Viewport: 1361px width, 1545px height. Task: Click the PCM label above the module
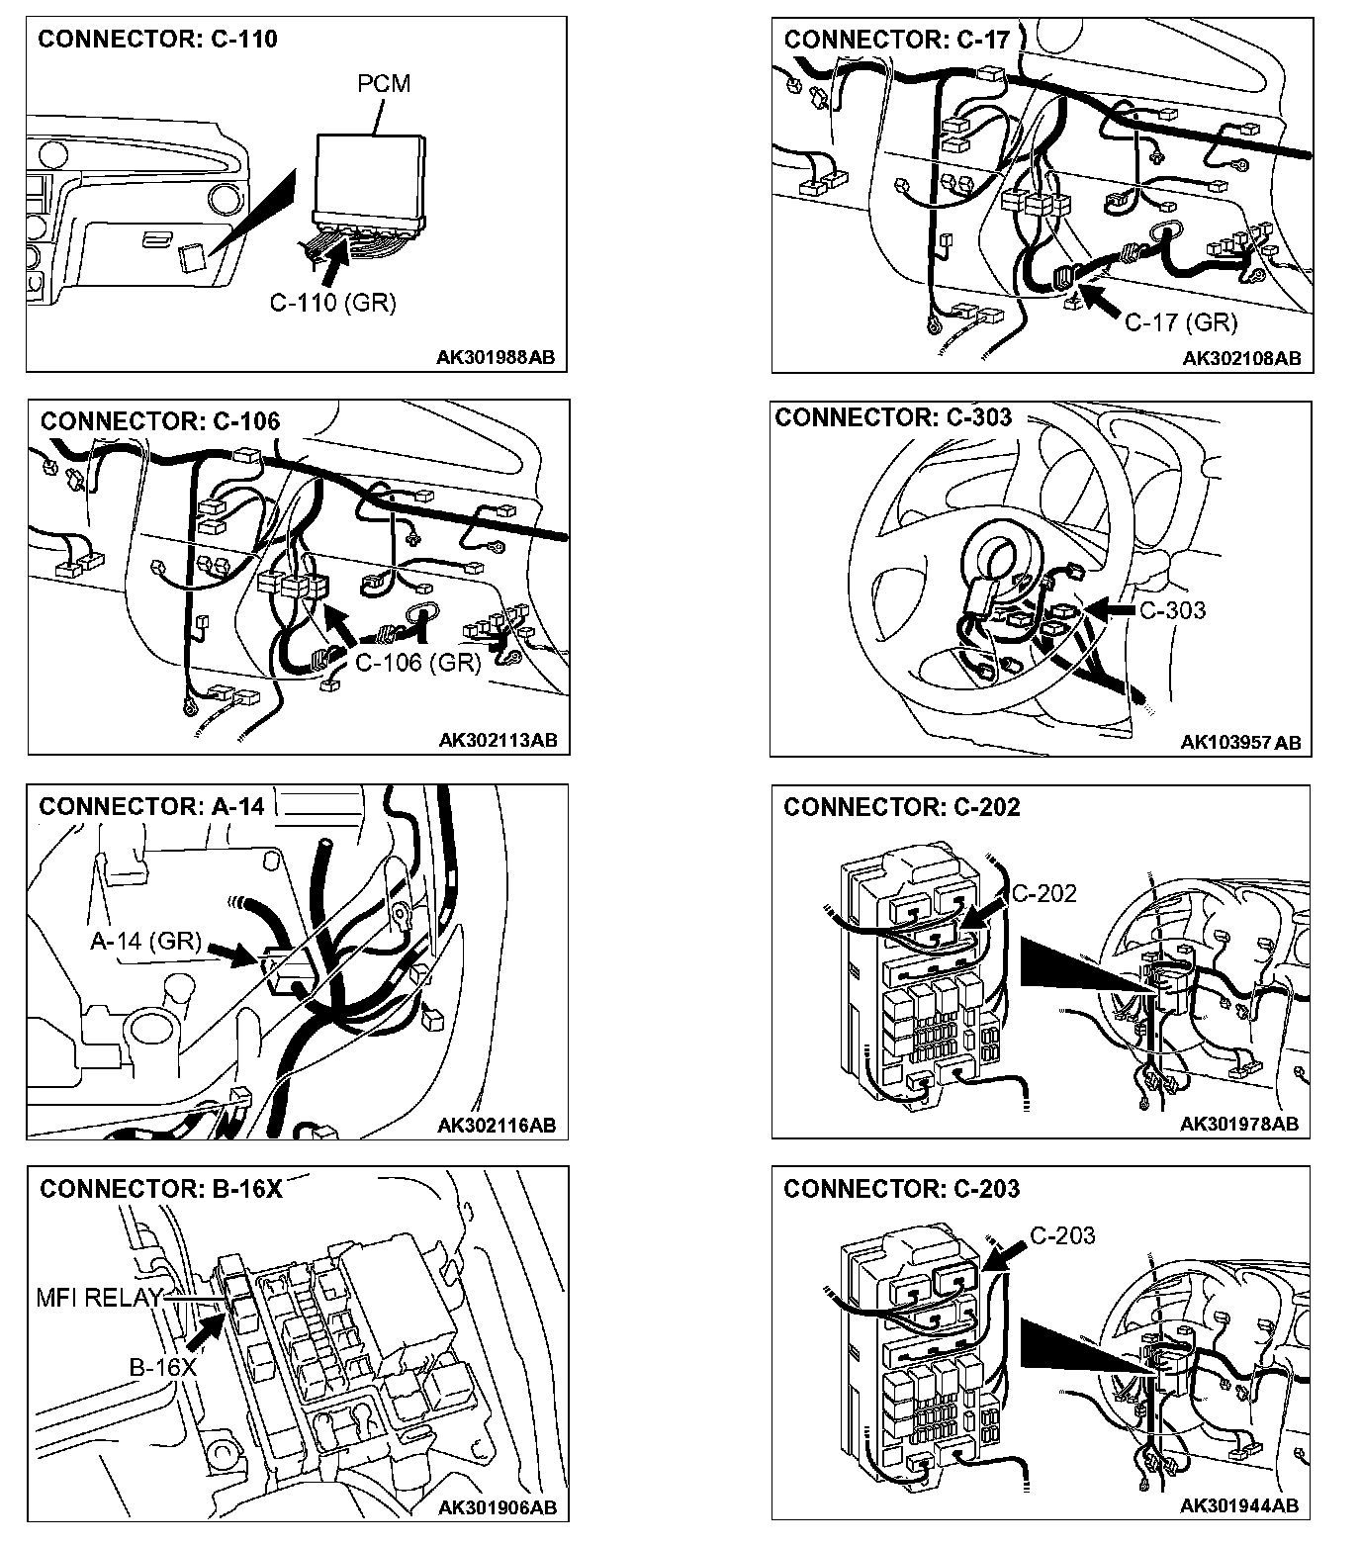click(383, 84)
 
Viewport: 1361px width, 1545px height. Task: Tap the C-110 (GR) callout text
click(332, 303)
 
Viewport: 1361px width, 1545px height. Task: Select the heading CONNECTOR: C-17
click(896, 40)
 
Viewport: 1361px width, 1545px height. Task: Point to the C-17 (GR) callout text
click(1181, 321)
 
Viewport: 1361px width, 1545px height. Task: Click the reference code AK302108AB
click(1241, 358)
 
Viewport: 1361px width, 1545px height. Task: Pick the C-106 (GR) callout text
click(417, 662)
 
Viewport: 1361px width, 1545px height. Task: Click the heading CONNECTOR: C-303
click(893, 417)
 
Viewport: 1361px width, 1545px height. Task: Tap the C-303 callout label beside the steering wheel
click(1172, 610)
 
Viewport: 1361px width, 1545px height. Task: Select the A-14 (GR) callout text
click(145, 941)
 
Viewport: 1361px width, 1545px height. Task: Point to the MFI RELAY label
click(98, 1297)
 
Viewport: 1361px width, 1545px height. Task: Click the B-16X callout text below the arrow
click(163, 1367)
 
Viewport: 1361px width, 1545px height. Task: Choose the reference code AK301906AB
click(498, 1507)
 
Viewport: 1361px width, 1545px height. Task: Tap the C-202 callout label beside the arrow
click(1043, 893)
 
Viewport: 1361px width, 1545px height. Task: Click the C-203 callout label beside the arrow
click(1062, 1235)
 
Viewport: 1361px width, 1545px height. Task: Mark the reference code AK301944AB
click(1239, 1505)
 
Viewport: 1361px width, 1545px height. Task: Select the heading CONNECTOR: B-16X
click(161, 1188)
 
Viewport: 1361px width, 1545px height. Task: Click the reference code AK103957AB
click(1240, 742)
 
